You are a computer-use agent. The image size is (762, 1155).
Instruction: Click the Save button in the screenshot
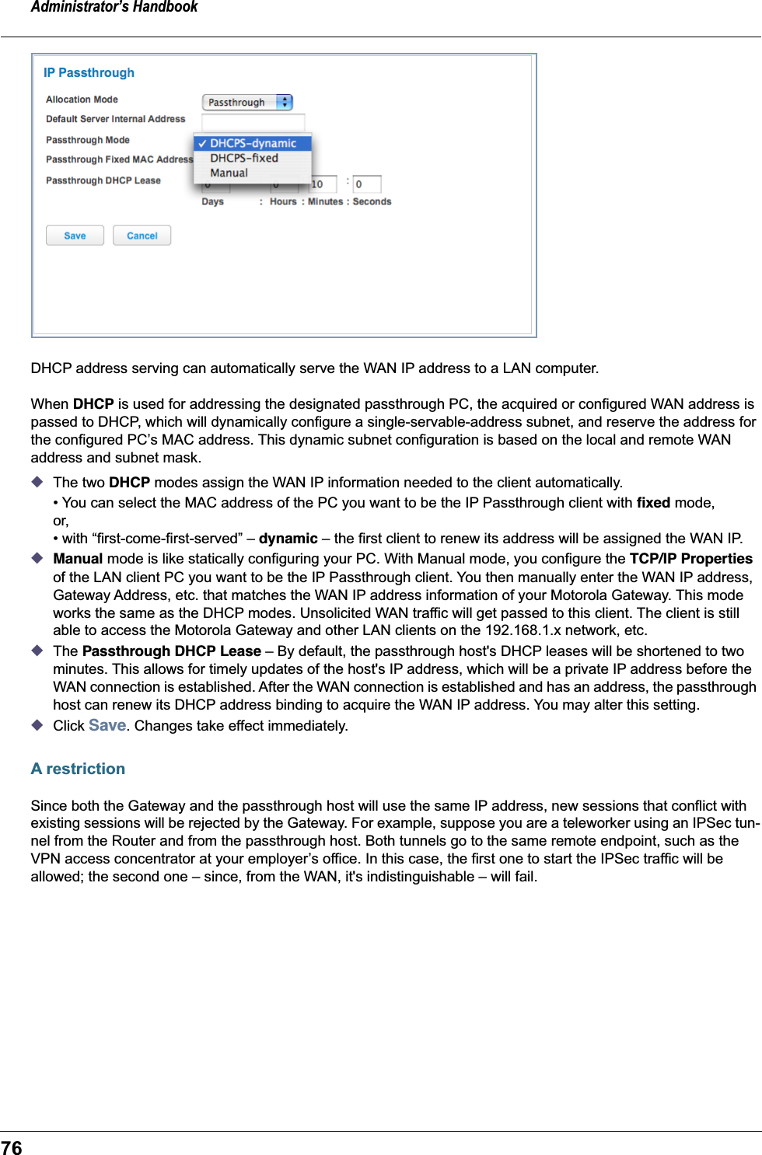(x=75, y=236)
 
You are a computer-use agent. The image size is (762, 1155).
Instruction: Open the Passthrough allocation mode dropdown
(x=247, y=103)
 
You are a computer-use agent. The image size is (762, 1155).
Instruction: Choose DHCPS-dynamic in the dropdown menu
(x=253, y=144)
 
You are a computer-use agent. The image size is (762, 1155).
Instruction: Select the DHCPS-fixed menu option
(x=243, y=159)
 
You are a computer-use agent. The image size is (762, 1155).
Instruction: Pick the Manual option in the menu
(x=229, y=173)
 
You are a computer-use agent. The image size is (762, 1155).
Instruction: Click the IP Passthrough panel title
(x=89, y=73)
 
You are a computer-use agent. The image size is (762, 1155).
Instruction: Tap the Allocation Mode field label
(x=82, y=99)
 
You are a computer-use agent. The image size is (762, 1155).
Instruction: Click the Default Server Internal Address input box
(x=253, y=122)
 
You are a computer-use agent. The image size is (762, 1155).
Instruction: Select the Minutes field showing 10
(x=323, y=184)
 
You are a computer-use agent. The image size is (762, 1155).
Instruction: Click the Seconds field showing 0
(x=366, y=184)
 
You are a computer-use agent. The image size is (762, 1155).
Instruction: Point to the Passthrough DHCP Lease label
(x=103, y=180)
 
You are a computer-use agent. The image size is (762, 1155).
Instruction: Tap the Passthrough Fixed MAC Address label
(x=119, y=160)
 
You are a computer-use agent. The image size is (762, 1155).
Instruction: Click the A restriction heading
(x=78, y=769)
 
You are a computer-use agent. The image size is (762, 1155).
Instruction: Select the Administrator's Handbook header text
(x=114, y=8)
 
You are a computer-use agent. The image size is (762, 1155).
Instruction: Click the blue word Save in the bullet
(x=107, y=725)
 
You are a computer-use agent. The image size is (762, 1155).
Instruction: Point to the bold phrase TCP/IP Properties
(x=690, y=559)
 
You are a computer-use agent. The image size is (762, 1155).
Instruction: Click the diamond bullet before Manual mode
(x=37, y=558)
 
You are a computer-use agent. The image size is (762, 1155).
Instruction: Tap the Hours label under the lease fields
(x=283, y=202)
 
